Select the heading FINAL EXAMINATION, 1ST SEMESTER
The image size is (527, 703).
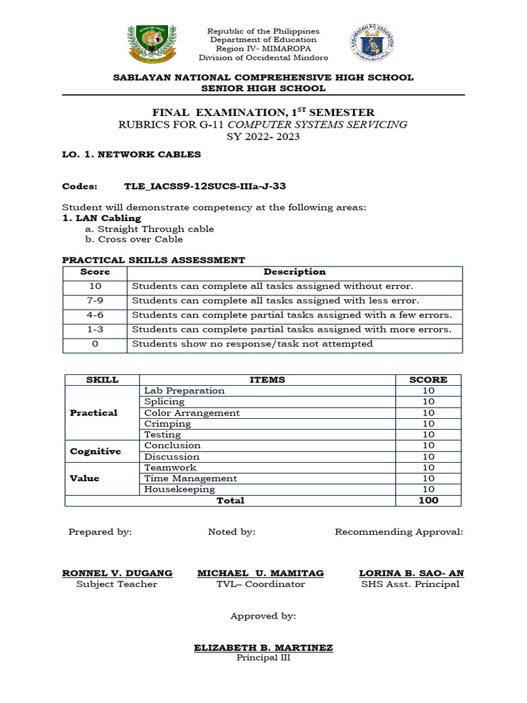[x=263, y=112]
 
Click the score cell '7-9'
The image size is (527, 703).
[x=95, y=301]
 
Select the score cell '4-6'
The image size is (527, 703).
[x=95, y=315]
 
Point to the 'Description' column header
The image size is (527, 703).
[x=294, y=272]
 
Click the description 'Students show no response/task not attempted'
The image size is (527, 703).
[x=252, y=343]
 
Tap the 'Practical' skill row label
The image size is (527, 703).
[x=93, y=413]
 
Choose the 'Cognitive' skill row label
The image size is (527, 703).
[x=95, y=451]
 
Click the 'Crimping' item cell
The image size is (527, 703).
[x=167, y=424]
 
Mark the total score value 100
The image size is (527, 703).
[x=428, y=500]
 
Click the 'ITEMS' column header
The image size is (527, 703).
[x=268, y=380]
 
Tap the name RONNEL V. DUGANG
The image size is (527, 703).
[x=117, y=573]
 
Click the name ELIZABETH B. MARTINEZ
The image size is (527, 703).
[x=263, y=647]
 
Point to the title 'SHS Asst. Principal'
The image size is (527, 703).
[x=410, y=584]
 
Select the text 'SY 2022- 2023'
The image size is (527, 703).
[x=263, y=137]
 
